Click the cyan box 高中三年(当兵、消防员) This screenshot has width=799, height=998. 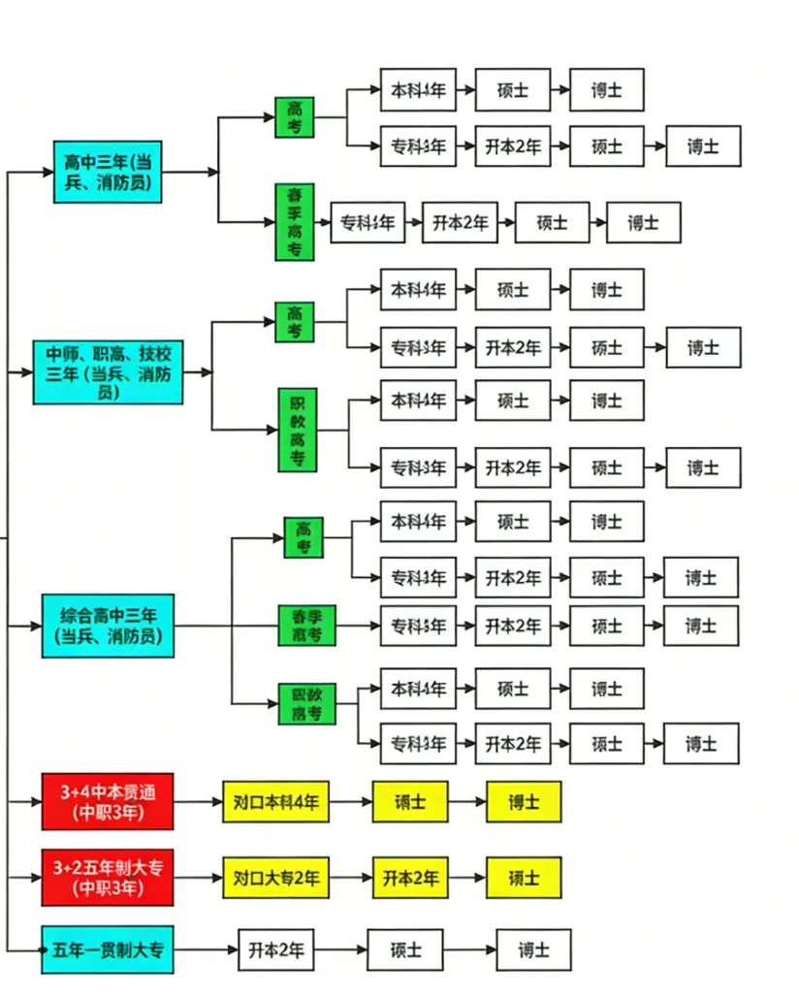(107, 172)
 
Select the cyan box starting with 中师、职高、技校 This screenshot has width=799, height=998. (109, 371)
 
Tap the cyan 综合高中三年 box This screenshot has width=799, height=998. (108, 626)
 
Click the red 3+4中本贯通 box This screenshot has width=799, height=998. (108, 802)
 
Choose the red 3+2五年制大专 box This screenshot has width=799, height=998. (108, 877)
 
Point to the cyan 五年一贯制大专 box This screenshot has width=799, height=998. (108, 950)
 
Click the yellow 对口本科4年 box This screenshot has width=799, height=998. (276, 802)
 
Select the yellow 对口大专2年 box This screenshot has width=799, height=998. (276, 878)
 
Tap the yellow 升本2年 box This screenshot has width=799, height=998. (410, 878)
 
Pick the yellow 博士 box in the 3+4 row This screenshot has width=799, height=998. (524, 802)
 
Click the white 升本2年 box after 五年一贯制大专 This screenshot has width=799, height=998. (276, 950)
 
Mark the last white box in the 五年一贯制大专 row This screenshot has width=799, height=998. (533, 950)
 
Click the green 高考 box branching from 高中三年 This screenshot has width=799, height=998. (295, 117)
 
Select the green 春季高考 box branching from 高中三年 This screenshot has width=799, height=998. (295, 222)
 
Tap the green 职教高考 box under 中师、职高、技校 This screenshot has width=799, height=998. (298, 430)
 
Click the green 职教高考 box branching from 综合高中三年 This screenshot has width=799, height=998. (307, 704)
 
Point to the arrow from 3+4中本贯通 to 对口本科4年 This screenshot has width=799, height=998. (198, 802)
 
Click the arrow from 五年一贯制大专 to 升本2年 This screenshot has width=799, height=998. (207, 950)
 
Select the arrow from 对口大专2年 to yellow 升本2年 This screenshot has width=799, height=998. (351, 878)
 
